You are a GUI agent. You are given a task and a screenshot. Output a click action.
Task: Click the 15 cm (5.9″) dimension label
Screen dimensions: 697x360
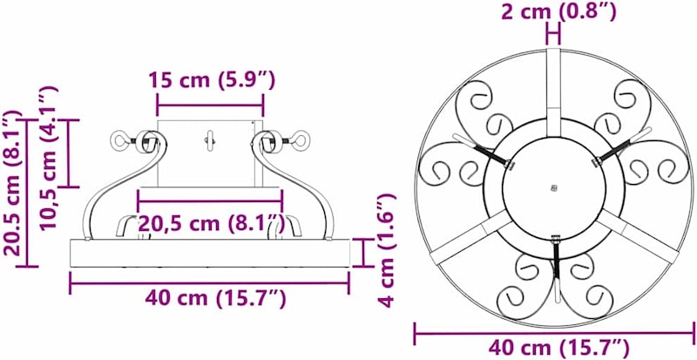click(x=212, y=80)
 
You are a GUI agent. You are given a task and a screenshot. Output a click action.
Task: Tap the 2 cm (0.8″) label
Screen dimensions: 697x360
click(x=558, y=12)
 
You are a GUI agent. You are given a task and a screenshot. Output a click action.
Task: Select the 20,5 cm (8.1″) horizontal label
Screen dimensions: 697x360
click(x=211, y=223)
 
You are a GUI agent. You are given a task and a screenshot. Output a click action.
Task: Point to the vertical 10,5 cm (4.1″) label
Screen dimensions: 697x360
click(x=49, y=158)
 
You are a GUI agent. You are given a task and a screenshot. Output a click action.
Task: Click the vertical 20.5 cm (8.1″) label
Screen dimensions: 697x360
click(x=12, y=183)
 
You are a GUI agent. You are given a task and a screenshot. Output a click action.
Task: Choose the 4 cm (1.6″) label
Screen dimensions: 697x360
click(x=386, y=250)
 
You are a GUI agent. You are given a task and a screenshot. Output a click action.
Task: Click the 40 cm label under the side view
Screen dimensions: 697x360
click(x=215, y=298)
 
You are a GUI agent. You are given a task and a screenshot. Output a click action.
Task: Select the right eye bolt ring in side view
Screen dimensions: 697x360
click(x=300, y=139)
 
